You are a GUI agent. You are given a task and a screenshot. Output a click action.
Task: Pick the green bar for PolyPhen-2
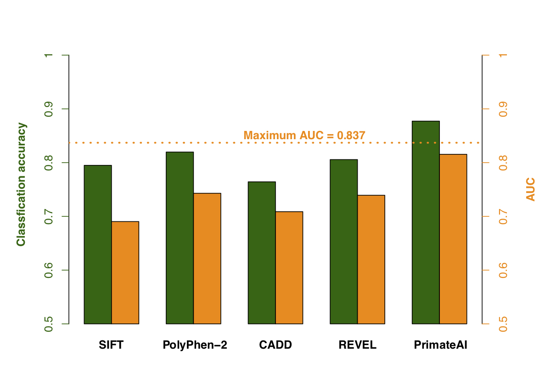(180, 238)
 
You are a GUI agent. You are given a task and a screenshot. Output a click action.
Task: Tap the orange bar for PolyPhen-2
(207, 258)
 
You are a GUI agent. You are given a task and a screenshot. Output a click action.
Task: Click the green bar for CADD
(262, 253)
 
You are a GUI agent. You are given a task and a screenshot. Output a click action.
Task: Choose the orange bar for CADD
(289, 267)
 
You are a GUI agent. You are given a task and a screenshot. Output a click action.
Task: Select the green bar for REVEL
(344, 242)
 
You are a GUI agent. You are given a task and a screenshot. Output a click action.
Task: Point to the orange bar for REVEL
(371, 259)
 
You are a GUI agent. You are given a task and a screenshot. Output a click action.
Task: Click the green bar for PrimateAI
(426, 222)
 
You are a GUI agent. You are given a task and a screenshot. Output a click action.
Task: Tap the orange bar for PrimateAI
(453, 239)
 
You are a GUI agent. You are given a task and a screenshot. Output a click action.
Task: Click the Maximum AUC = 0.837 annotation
(304, 136)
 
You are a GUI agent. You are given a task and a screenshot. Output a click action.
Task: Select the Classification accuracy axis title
(21, 184)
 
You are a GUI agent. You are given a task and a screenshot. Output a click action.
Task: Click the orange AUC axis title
(531, 190)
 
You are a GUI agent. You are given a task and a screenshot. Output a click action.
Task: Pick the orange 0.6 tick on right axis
(503, 270)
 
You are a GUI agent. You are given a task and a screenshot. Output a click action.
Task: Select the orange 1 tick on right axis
(503, 55)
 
